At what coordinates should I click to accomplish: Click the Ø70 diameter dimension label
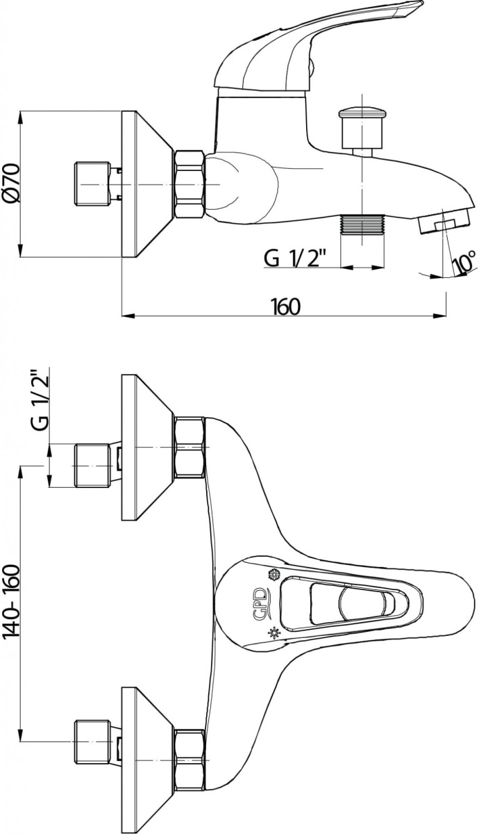click(x=11, y=183)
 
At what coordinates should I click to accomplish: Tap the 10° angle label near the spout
click(x=464, y=261)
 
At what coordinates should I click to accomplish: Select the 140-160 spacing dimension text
click(x=10, y=619)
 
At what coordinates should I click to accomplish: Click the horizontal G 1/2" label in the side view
click(x=295, y=258)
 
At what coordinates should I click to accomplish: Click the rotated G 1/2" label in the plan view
click(x=41, y=400)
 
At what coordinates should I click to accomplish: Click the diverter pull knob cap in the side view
click(x=361, y=113)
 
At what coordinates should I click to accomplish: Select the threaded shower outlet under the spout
click(x=362, y=224)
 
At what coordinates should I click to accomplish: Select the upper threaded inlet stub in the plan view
click(x=92, y=465)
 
